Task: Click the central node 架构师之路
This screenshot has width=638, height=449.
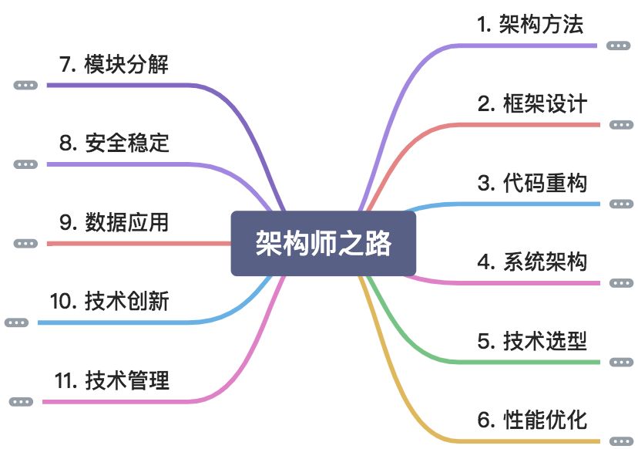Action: coord(324,244)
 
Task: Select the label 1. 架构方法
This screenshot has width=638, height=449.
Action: coord(530,25)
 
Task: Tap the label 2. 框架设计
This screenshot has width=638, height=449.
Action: coord(532,104)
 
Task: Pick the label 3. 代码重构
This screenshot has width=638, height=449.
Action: coord(532,184)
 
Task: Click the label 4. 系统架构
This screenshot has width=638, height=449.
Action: coord(532,262)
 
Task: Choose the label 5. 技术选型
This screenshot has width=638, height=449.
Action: coord(532,341)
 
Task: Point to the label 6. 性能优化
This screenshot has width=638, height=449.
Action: coord(532,420)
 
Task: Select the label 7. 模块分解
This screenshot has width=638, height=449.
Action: coord(114,64)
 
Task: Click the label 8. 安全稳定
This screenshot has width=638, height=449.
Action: coord(114,143)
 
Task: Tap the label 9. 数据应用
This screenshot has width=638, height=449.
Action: coord(114,223)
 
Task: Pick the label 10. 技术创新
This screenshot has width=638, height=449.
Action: coord(109,302)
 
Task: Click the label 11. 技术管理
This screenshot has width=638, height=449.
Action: coord(112,381)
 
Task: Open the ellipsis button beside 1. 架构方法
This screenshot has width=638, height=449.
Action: coord(617,46)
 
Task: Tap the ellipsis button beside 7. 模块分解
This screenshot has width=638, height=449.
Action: coord(25,85)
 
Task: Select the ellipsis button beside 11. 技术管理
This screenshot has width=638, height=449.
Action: coord(21,401)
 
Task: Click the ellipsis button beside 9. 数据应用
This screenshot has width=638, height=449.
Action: coord(25,243)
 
